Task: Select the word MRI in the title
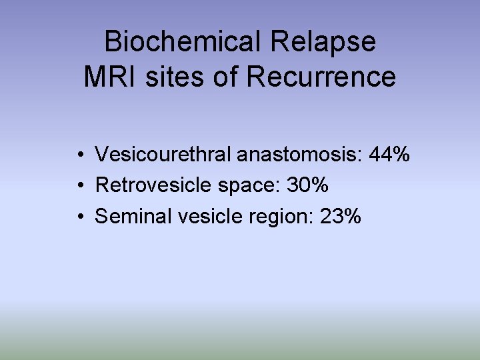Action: pyautogui.click(x=107, y=77)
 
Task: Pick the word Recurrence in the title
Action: pyautogui.click(x=321, y=77)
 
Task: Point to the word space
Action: pyautogui.click(x=247, y=187)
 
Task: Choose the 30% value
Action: pyautogui.click(x=307, y=185)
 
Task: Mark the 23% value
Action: pyautogui.click(x=341, y=216)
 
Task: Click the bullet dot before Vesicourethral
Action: pyautogui.click(x=79, y=156)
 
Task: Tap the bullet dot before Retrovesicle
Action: pyautogui.click(x=79, y=187)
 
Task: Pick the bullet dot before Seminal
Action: pyautogui.click(x=79, y=217)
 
